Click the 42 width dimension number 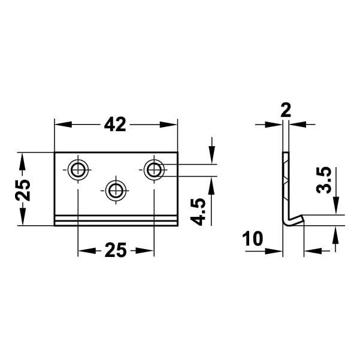[115, 124]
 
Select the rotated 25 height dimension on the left [22, 189]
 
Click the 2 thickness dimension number [285, 110]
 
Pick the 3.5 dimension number [324, 180]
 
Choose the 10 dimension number [254, 239]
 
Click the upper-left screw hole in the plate [77, 170]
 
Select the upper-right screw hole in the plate [154, 170]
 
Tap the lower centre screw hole [116, 190]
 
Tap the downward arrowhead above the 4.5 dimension [211, 158]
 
